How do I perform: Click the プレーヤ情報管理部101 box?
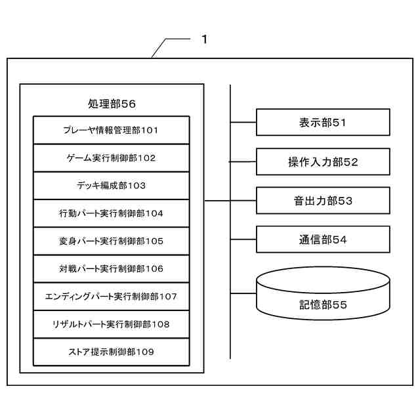coord(111,130)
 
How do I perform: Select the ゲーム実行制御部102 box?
coord(111,157)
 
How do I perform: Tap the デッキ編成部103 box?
coord(111,185)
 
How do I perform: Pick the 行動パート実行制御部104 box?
coord(111,213)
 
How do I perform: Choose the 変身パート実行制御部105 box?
coord(111,240)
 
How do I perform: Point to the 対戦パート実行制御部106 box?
coord(111,268)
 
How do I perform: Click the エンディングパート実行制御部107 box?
coord(111,296)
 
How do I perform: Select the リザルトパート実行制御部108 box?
coord(111,324)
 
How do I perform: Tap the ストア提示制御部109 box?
coord(111,352)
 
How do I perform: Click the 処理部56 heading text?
coord(112,104)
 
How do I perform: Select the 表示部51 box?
coord(322,122)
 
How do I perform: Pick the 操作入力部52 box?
coord(322,161)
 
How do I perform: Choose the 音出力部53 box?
coord(322,201)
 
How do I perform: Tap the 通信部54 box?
coord(322,240)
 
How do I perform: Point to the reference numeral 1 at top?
coord(204,39)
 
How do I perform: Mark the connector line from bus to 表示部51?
coord(243,122)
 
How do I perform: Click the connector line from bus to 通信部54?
coord(243,240)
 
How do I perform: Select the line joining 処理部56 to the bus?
coord(217,201)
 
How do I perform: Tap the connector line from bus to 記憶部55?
coord(243,294)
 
